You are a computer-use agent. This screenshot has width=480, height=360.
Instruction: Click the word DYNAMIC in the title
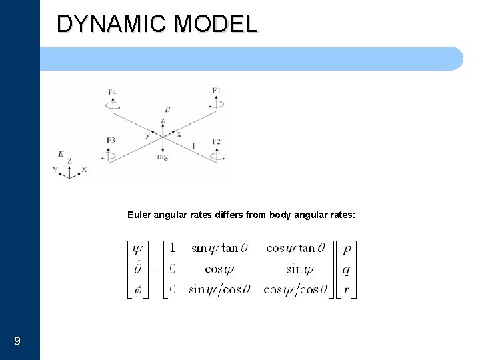click(111, 24)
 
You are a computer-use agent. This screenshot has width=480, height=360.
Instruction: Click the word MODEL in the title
click(215, 24)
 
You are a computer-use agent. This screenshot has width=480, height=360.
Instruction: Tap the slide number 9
click(17, 341)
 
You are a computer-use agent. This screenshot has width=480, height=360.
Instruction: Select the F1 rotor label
click(216, 90)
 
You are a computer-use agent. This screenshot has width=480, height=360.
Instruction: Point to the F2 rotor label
click(216, 141)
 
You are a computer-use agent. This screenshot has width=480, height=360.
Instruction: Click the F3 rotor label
click(111, 140)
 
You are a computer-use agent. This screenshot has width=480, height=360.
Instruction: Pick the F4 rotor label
click(111, 91)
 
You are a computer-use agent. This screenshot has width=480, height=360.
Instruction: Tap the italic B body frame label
click(167, 109)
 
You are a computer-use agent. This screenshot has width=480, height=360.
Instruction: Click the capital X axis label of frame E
click(84, 170)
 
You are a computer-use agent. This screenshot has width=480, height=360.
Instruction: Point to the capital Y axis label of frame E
click(55, 170)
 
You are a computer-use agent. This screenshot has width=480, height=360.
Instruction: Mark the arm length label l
click(193, 145)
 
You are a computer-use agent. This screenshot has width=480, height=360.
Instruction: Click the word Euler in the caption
click(139, 215)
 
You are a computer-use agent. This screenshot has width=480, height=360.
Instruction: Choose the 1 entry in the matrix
click(173, 248)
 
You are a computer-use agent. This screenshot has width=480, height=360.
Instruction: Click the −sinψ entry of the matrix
click(295, 269)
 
